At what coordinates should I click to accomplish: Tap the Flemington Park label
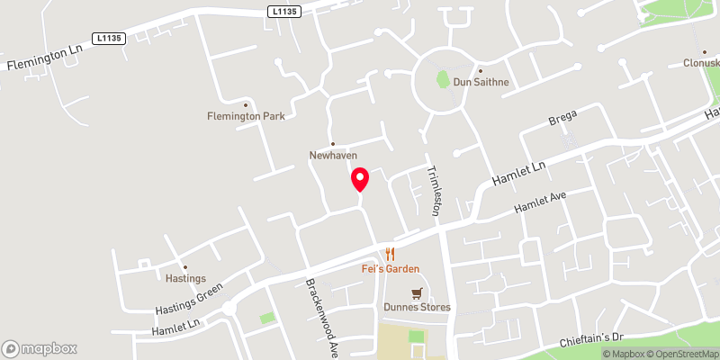pos(246,116)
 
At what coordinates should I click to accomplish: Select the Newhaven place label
pos(333,156)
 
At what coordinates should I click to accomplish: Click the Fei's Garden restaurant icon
pos(390,255)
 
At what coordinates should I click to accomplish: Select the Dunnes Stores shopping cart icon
pos(416,293)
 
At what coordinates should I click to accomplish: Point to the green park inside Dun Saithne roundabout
pos(443,79)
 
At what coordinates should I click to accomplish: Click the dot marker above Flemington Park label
pos(246,103)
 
